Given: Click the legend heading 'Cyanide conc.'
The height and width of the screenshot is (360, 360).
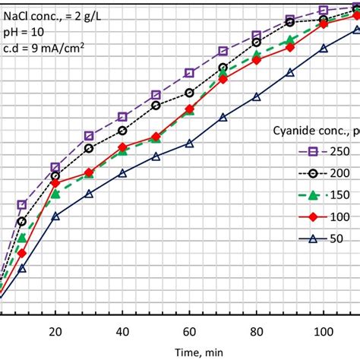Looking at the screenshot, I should pos(311,130).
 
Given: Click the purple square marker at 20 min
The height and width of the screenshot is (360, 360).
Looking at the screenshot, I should pos(55,167).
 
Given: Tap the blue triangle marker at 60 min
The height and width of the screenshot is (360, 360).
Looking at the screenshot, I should pos(190,143).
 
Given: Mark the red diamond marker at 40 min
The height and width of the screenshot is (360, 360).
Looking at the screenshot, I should pos(122,147).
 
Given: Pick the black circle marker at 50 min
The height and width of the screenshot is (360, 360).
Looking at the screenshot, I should pos(156,106).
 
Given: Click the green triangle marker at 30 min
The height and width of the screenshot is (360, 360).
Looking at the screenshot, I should pos(89,174).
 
